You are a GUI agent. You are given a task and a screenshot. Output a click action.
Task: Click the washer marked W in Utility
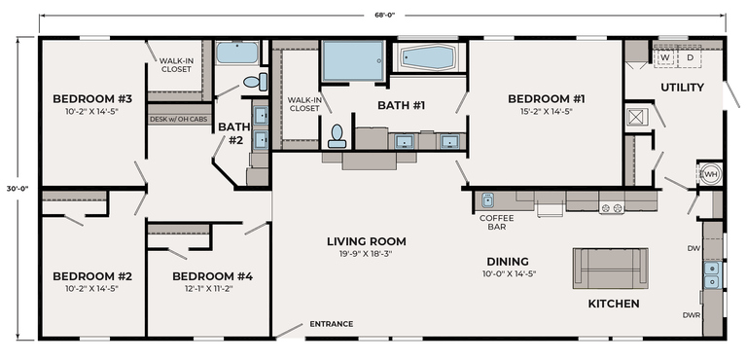(665, 56)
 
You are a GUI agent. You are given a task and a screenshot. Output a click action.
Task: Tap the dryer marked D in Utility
(690, 56)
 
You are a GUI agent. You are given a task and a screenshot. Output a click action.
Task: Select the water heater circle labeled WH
(710, 173)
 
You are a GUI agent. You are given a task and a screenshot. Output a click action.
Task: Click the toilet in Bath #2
(256, 82)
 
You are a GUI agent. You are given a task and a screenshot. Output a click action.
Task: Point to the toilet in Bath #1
(337, 136)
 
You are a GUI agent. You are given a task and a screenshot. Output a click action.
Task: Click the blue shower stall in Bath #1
(353, 60)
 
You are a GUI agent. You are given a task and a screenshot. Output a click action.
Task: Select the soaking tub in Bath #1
(428, 57)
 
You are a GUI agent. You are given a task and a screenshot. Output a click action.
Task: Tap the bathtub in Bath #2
(237, 53)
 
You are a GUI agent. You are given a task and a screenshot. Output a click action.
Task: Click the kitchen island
(610, 268)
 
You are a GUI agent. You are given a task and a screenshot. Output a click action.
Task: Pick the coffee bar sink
(487, 199)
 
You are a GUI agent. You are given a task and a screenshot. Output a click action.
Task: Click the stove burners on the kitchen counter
(612, 208)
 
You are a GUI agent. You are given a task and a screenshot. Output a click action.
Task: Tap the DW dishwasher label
(693, 248)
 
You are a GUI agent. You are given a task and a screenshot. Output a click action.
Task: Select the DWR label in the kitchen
(692, 315)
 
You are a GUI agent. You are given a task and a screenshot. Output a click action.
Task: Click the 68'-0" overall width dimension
(384, 15)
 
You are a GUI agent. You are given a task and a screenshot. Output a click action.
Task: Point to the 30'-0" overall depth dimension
(18, 188)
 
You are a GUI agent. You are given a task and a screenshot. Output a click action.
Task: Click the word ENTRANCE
(331, 324)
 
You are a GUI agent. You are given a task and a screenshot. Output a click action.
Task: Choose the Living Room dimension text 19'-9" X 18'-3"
(367, 254)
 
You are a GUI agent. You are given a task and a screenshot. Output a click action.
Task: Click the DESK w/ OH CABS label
(179, 120)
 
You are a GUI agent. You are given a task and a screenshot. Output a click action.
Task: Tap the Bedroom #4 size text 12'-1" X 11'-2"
(212, 288)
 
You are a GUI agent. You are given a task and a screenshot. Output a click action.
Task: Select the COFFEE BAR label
(496, 223)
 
